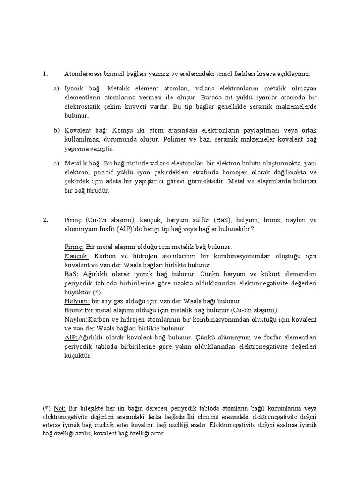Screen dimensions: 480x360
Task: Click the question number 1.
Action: click(x=45, y=74)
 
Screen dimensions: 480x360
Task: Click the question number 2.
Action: click(x=45, y=220)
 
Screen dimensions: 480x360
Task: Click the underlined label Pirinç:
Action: click(x=74, y=247)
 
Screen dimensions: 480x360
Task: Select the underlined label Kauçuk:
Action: click(x=76, y=256)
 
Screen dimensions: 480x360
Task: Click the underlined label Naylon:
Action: click(x=76, y=319)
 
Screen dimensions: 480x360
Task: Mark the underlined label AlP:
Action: click(x=71, y=337)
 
